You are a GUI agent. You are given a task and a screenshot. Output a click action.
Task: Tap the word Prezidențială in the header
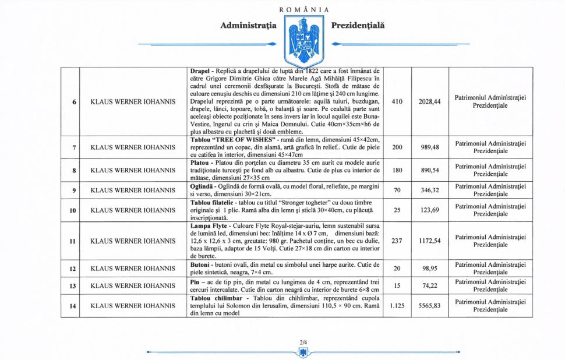(358, 26)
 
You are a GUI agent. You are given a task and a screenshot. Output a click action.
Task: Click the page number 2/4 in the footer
(303, 341)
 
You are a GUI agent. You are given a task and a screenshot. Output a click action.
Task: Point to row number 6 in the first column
(75, 102)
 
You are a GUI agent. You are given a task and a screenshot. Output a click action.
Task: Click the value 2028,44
(430, 102)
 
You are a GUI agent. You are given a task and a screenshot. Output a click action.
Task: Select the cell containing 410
(397, 102)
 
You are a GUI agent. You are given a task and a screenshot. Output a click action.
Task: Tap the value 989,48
(430, 147)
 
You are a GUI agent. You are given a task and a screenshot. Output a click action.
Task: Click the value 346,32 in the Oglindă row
(430, 190)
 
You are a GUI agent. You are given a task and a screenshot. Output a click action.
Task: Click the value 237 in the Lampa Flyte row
(397, 241)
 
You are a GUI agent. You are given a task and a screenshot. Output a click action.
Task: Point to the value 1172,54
(430, 241)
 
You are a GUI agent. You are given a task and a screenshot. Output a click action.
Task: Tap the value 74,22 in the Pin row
(430, 286)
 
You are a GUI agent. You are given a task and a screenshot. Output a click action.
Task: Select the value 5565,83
(430, 306)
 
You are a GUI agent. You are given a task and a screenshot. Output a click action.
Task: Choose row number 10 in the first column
(75, 210)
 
